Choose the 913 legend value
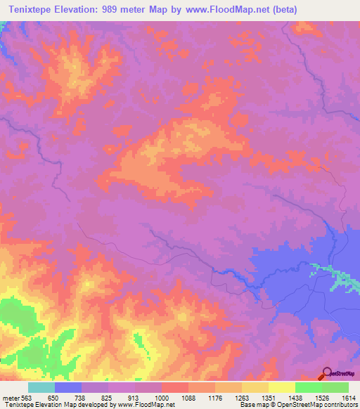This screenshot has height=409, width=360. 135,398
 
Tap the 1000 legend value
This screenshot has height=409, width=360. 162,398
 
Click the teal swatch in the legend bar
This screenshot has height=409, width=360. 41,387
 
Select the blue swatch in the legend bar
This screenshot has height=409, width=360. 68,387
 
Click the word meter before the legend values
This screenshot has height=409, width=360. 10,398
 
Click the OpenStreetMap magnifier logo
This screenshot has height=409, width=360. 326,373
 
